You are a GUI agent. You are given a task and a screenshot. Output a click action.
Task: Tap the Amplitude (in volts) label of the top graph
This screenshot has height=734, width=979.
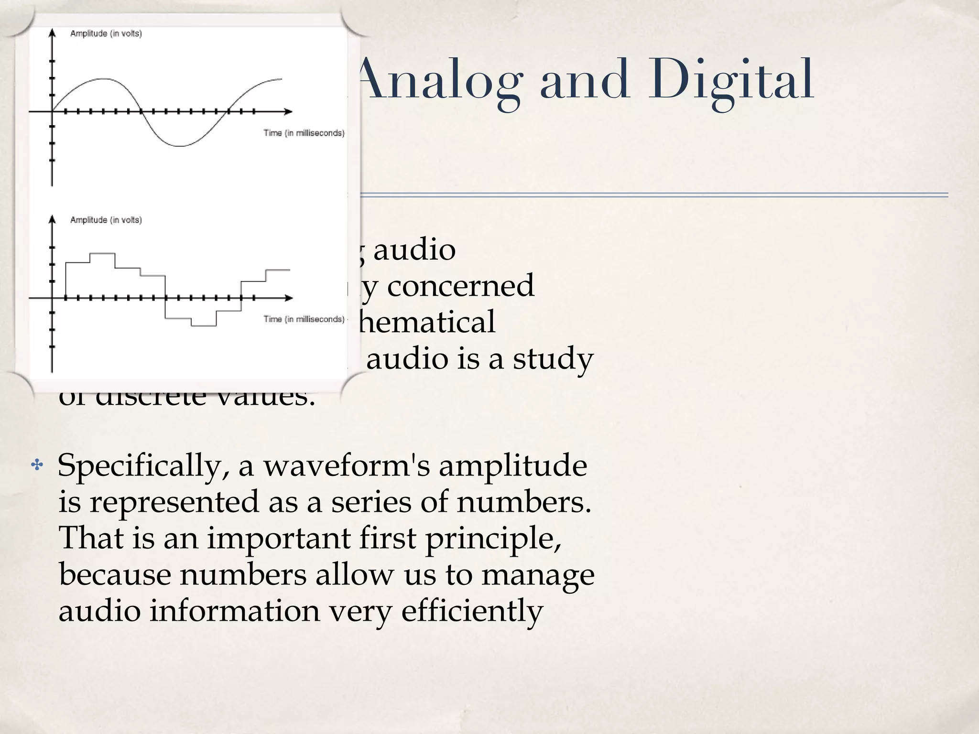pos(106,33)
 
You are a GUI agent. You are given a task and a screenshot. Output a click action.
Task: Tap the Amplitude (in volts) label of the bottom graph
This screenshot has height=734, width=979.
pos(106,220)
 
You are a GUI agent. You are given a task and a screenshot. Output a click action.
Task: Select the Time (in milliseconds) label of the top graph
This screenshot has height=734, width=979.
pos(304,133)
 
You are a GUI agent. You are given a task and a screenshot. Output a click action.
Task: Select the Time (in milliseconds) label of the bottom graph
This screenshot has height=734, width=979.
pos(304,319)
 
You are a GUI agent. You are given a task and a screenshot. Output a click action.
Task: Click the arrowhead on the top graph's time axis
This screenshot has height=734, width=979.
pos(288,111)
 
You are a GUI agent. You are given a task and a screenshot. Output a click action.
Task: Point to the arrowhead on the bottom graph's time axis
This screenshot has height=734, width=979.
pos(288,298)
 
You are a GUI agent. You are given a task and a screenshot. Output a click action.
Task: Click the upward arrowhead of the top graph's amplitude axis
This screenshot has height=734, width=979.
pos(52,32)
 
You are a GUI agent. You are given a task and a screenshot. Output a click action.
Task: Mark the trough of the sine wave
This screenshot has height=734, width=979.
pos(179,145)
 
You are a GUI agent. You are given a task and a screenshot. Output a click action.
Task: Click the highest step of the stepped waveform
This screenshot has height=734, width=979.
pos(102,254)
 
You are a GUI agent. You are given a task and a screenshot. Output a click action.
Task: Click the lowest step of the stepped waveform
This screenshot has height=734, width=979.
pos(204,325)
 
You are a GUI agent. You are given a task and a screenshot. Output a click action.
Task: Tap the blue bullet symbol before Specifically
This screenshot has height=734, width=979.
pos(36,464)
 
